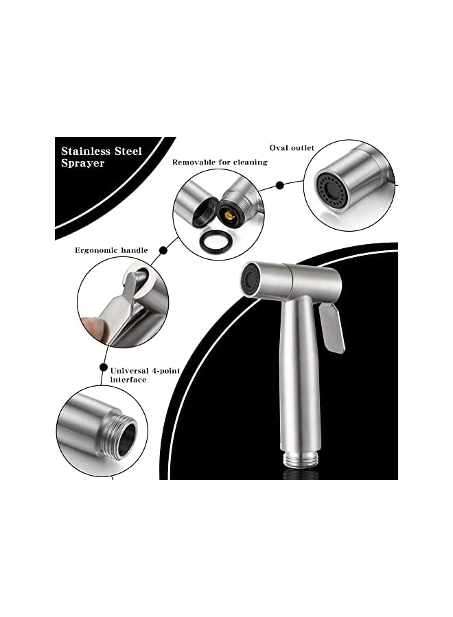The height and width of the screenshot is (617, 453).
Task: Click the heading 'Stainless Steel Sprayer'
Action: (102, 157)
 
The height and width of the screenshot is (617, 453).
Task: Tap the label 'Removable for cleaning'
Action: (220, 162)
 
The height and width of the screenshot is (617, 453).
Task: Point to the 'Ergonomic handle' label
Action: (111, 250)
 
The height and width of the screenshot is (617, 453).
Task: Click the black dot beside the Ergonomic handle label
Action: (163, 251)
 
